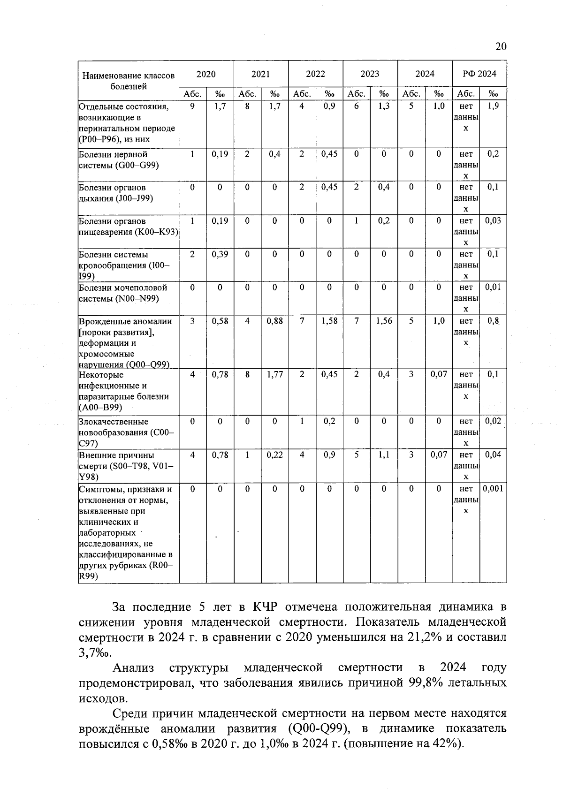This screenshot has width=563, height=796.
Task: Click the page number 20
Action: point(501,46)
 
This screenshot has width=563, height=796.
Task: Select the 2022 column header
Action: point(315,74)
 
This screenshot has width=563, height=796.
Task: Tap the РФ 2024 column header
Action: point(479,74)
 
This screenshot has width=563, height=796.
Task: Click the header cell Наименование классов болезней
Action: point(129,81)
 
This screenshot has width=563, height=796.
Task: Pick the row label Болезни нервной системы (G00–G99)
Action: point(119,160)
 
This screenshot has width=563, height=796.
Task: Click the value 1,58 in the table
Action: point(329,321)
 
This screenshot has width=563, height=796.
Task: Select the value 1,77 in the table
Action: point(274,374)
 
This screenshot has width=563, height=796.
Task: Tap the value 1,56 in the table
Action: point(384,321)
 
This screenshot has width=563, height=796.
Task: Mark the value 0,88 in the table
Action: point(274,321)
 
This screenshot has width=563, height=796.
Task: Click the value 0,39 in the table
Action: point(220,254)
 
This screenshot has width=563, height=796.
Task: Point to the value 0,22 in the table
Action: point(274,455)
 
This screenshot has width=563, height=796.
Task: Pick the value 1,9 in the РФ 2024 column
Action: point(493,106)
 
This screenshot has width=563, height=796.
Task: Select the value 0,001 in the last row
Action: point(493,489)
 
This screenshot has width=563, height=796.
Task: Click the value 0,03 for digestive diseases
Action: point(493,221)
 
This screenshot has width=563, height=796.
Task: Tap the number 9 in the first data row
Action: point(192,106)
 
